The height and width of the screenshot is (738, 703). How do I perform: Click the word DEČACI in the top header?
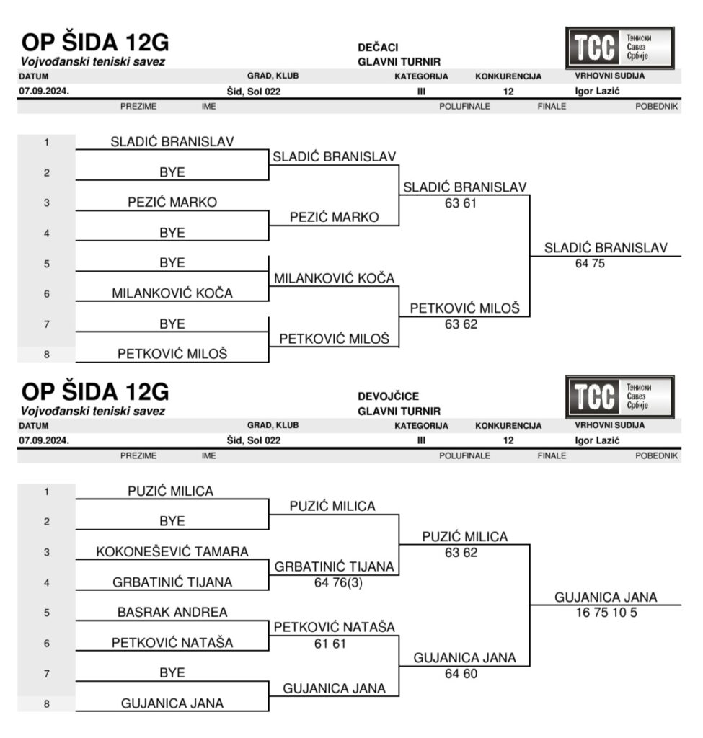point(378,48)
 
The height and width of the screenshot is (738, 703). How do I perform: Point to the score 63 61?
point(461,203)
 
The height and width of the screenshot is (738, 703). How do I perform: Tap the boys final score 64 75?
point(590,264)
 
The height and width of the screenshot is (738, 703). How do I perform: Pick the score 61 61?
point(330,643)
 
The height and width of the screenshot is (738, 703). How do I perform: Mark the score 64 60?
point(461,674)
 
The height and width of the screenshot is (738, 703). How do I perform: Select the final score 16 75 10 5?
point(606,613)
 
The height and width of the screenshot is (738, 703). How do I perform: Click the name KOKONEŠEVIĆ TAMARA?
point(172,551)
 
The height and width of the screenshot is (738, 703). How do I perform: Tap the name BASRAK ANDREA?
point(172,612)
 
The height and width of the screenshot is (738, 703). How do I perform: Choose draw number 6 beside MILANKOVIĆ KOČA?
point(46,294)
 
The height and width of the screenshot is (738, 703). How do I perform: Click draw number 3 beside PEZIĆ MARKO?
point(46,203)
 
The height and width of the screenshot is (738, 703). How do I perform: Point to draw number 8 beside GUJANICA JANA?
point(46,704)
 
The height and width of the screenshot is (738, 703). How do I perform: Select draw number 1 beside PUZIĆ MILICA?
point(46,492)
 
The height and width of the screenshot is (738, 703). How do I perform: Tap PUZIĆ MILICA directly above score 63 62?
point(464,537)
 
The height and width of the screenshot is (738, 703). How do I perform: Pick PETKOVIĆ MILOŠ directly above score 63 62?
point(464,308)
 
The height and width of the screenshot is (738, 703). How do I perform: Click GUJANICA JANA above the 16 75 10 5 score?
point(606,597)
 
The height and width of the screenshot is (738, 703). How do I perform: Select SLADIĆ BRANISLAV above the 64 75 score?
point(606,247)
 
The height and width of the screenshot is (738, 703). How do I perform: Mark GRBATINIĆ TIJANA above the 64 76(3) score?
point(334,567)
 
